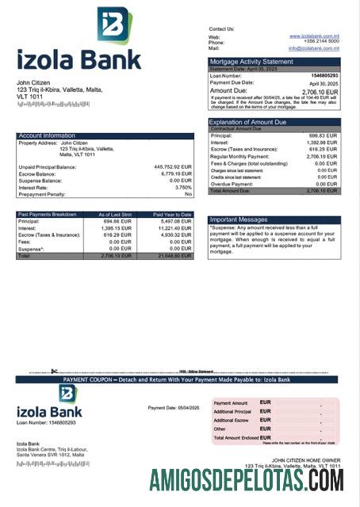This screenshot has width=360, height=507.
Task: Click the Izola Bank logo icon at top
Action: point(115,25)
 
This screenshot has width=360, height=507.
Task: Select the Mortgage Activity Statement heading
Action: point(251,62)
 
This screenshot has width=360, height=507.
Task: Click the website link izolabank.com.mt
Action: point(315,36)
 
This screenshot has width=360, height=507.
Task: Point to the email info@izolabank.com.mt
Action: point(314,48)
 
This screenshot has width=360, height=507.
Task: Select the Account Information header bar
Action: point(47,135)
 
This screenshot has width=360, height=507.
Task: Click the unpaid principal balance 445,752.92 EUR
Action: point(172,167)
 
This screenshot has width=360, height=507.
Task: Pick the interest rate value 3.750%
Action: point(183,187)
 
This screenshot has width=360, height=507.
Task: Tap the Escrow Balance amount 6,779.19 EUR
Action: point(175,173)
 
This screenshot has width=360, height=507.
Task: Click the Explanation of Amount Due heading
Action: point(247,122)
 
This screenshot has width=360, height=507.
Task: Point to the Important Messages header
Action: point(239,220)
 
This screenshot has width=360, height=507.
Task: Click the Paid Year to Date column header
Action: point(172,215)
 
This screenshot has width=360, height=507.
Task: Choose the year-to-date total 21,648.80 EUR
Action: point(174,256)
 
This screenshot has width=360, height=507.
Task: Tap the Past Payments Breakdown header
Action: point(48,215)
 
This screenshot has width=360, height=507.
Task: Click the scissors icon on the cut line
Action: point(54,372)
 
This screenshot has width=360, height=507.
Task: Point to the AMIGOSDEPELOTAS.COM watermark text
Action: point(246,480)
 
